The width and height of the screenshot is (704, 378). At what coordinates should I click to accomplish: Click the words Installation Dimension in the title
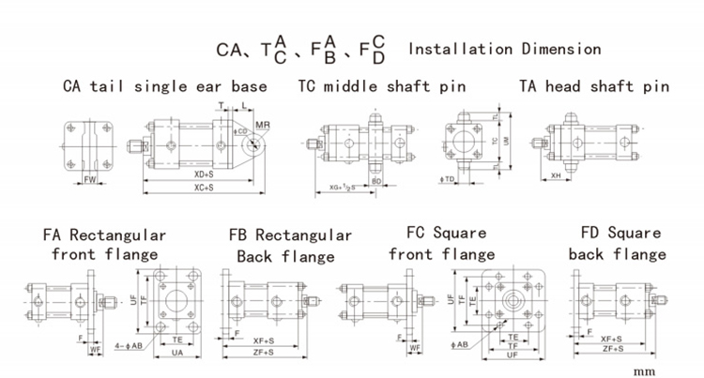pyautogui.click(x=505, y=48)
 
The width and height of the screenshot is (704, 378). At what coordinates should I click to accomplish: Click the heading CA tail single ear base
pyautogui.click(x=165, y=87)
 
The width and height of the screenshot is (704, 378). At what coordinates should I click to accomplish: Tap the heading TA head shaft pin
pyautogui.click(x=594, y=87)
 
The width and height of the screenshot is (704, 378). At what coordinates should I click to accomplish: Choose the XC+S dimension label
pyautogui.click(x=199, y=189)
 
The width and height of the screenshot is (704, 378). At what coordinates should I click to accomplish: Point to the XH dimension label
pyautogui.click(x=556, y=175)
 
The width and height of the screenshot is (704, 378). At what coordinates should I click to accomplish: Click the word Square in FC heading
pyautogui.click(x=460, y=233)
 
